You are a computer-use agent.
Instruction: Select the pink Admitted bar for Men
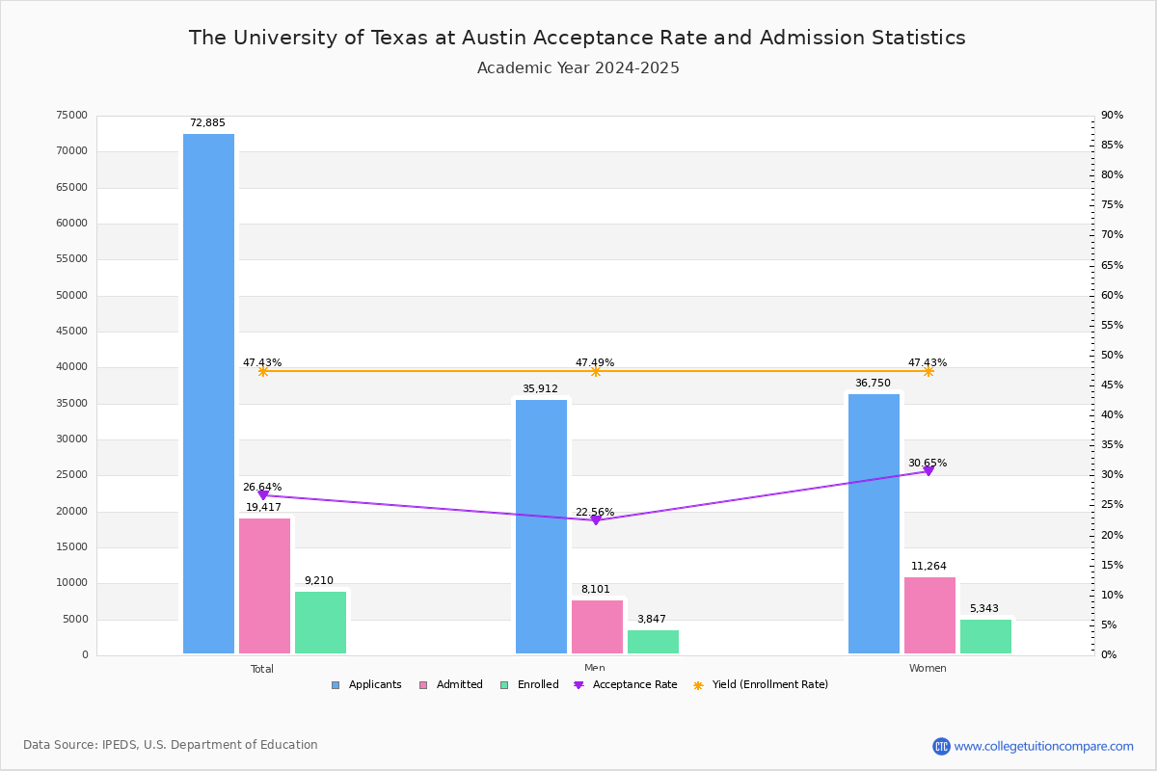tap(597, 627)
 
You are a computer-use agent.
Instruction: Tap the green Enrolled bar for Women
tap(985, 637)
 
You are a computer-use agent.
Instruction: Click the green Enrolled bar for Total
tap(320, 623)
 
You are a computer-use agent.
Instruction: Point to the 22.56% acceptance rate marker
tap(595, 519)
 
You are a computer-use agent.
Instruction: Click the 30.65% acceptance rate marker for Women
tap(928, 470)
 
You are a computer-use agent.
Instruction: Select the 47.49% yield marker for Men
tap(595, 371)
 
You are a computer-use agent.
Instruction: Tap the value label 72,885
tap(207, 123)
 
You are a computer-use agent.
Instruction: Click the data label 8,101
tap(595, 590)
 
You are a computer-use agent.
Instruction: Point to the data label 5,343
tap(984, 609)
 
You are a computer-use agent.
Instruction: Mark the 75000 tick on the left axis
tap(72, 116)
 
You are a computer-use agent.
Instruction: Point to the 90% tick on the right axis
tap(1113, 116)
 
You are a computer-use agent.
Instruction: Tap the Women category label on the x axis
tap(928, 669)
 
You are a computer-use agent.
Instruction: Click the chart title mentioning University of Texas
tap(577, 38)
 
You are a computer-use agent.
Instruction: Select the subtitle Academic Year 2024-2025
tap(578, 68)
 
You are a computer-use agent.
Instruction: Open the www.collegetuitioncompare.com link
tap(1043, 746)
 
